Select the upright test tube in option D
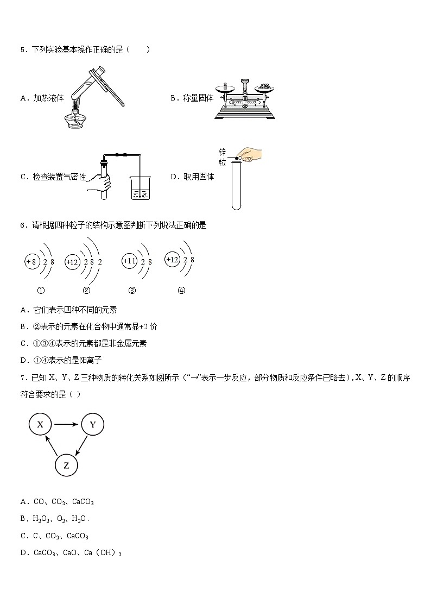(236, 185)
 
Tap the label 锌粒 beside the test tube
(221, 158)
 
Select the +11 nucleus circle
(129, 261)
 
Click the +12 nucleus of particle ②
(72, 262)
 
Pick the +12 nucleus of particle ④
(172, 260)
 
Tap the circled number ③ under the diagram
(132, 290)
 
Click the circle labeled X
(40, 425)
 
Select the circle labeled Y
(92, 425)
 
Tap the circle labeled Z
(66, 465)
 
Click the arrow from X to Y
(66, 425)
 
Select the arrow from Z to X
(52, 445)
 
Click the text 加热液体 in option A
(48, 98)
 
